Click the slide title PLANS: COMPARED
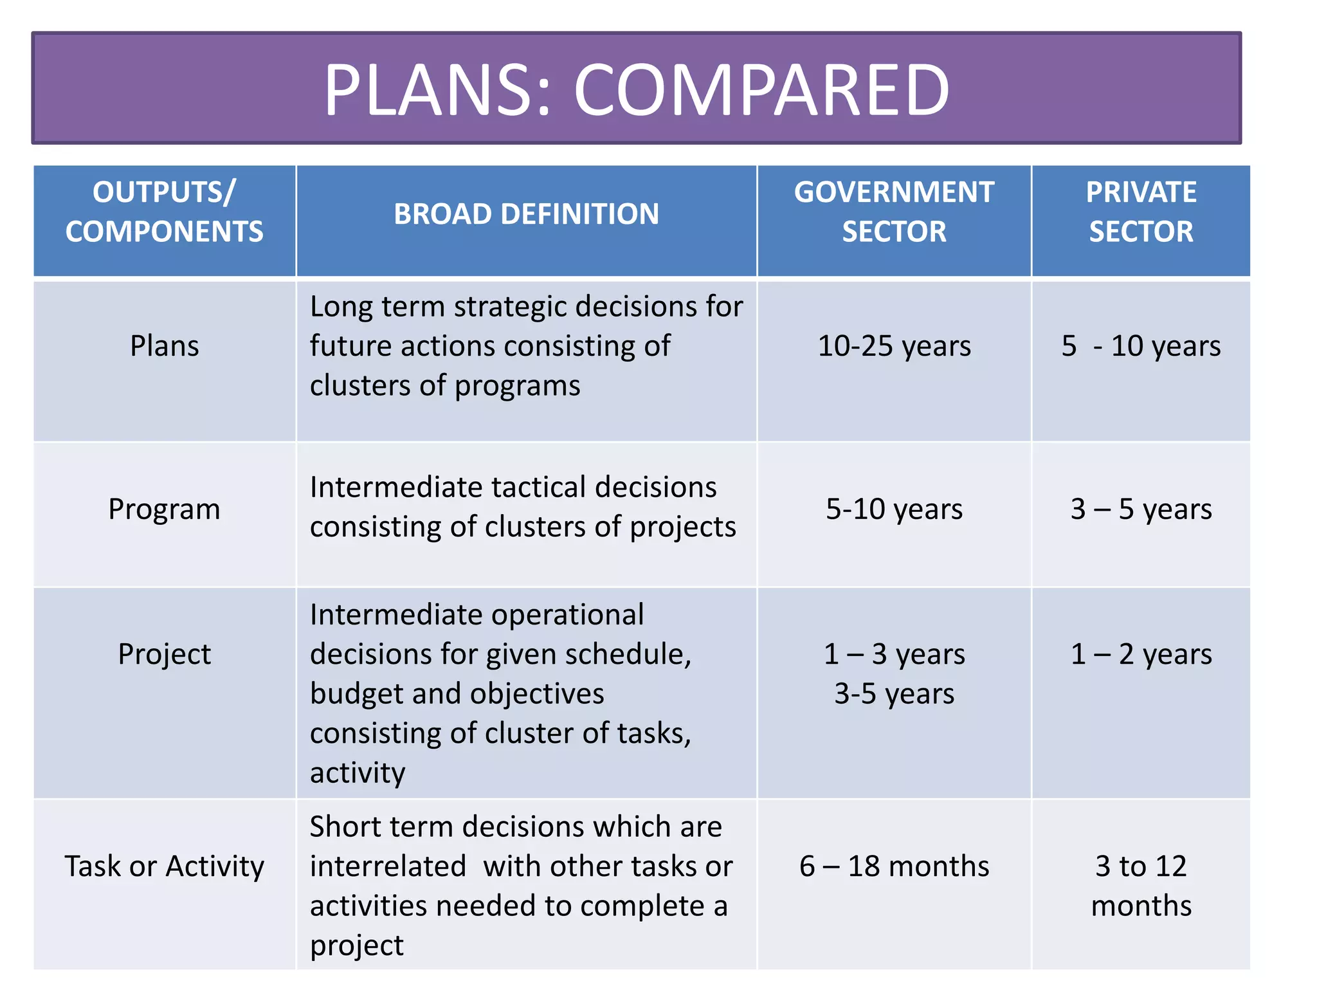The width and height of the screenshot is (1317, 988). [x=636, y=89]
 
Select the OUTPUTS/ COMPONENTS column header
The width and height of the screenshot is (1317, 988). [x=165, y=212]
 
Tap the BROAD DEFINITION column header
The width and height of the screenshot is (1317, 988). [x=526, y=214]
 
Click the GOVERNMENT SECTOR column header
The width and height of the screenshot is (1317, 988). [x=894, y=212]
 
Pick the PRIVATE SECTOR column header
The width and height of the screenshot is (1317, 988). [x=1141, y=212]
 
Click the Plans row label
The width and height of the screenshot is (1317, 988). [x=165, y=346]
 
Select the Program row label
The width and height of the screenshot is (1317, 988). [x=165, y=509]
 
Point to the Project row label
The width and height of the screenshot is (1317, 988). [x=165, y=654]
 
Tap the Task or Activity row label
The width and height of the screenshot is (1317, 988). [x=165, y=866]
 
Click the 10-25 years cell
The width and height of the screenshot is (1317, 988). [x=894, y=346]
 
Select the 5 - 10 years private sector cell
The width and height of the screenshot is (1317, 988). [x=1141, y=346]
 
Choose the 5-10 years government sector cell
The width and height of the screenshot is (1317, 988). [x=894, y=509]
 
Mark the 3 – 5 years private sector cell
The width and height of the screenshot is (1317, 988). [x=1141, y=509]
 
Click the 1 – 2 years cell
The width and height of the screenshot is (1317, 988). [x=1141, y=654]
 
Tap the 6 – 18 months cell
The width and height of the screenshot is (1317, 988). [x=894, y=866]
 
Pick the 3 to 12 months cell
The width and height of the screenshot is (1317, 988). [x=1141, y=886]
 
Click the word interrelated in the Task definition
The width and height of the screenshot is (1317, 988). [x=388, y=866]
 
